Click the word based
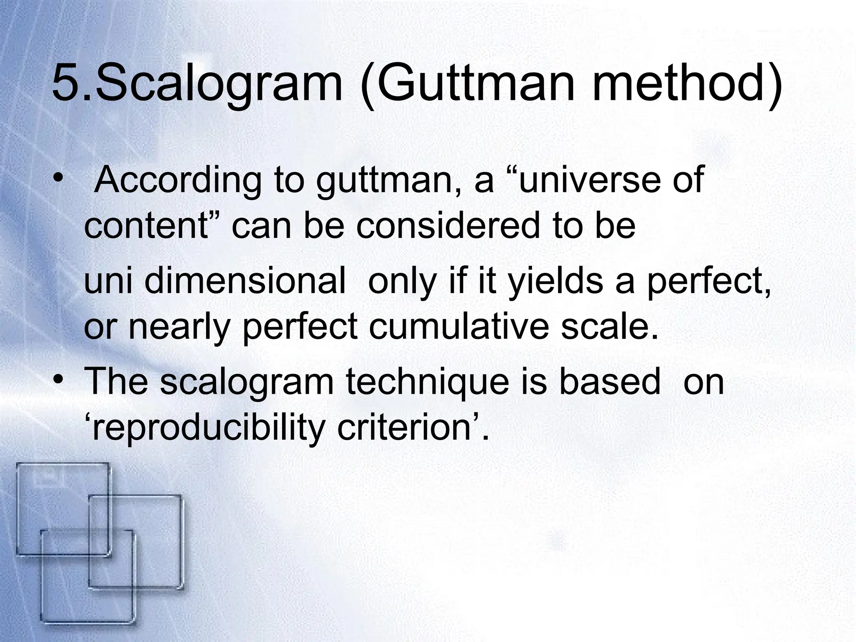point(610,382)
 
